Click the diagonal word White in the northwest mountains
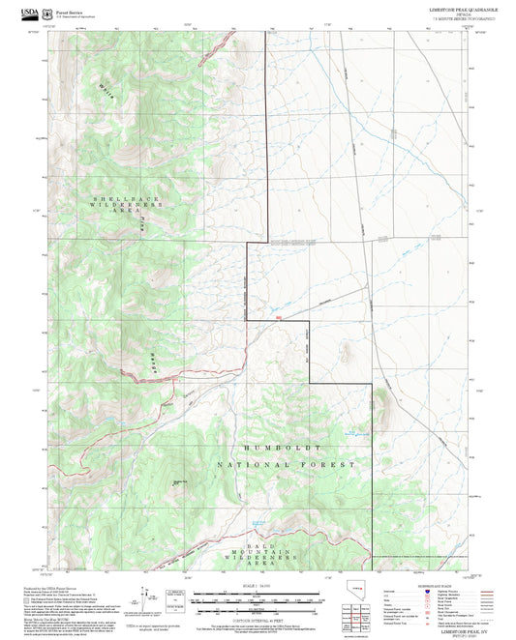point(106,92)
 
